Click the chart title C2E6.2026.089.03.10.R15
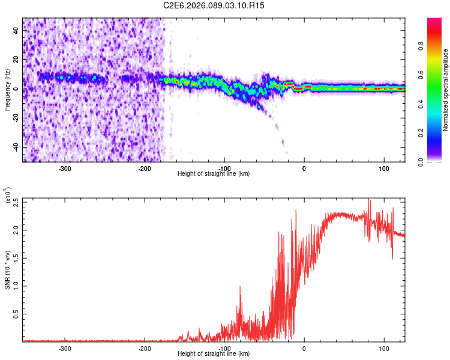(x=215, y=5)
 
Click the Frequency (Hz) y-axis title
(x=7, y=90)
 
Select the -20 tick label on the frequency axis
(x=16, y=118)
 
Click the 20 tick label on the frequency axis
(x=16, y=60)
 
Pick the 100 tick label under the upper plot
(x=383, y=168)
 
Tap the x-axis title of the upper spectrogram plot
(x=214, y=173)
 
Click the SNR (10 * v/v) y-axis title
(x=7, y=269)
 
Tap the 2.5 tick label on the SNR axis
(x=16, y=202)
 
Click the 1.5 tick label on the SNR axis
(x=16, y=258)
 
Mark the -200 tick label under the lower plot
(x=145, y=348)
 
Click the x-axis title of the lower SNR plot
(x=214, y=353)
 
